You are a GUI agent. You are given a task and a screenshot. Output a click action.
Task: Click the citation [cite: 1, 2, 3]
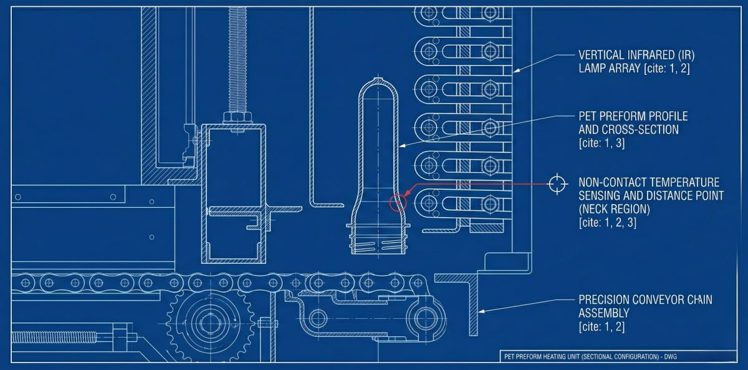pos(608,222)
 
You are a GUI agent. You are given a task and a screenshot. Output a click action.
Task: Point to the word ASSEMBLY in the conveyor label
pos(603,313)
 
